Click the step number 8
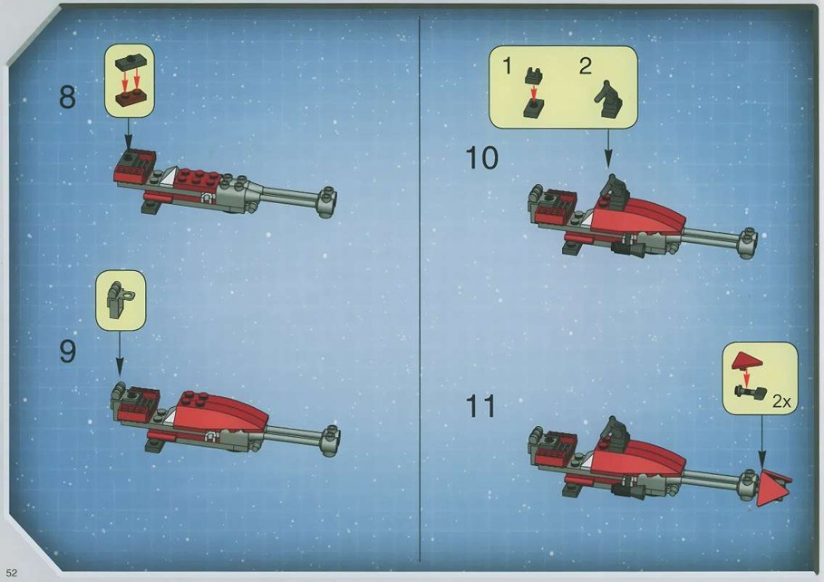67,97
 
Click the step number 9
67,351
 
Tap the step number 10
481,158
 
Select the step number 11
480,406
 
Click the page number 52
12,573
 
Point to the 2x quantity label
781,402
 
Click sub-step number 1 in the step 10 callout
507,66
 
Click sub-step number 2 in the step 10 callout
585,66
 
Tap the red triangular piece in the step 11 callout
748,361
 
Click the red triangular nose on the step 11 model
771,487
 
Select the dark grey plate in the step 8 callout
131,63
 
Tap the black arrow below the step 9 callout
120,353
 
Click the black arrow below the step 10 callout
608,149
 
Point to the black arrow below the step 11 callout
761,441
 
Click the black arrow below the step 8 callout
128,133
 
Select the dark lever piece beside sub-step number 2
609,100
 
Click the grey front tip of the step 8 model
327,202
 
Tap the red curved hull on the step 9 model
220,412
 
